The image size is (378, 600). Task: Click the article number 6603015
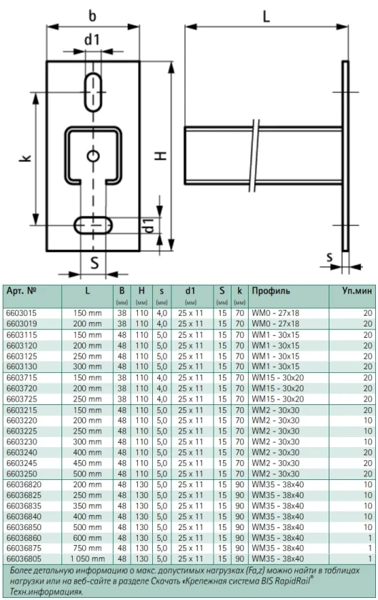coord(21,313)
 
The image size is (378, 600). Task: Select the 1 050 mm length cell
coord(87,559)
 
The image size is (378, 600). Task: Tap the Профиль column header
coord(271,291)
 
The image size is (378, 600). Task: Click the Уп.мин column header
coord(357,291)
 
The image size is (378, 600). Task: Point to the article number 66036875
coord(24,548)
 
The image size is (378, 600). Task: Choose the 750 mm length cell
coord(87,548)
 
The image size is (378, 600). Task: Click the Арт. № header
coord(21,291)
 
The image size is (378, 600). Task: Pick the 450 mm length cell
coord(87,463)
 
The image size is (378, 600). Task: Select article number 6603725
coord(21,399)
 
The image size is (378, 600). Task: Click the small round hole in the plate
coord(93,156)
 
